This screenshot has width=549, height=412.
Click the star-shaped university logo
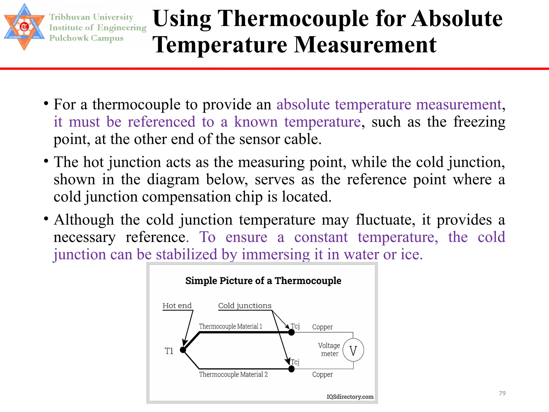[x=24, y=27]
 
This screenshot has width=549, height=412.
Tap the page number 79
[x=502, y=393]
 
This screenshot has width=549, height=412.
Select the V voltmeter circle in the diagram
[x=353, y=351]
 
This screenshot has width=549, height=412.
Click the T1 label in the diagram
[x=169, y=351]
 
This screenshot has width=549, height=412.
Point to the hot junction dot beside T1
[x=183, y=350]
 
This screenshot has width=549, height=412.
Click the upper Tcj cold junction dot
[x=291, y=332]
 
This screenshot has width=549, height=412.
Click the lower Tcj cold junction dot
[x=291, y=369]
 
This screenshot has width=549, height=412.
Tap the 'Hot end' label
[x=177, y=306]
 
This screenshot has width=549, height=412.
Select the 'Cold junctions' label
[x=245, y=306]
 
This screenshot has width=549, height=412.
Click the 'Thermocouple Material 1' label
[x=231, y=326]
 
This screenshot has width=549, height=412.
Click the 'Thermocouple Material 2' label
[x=233, y=374]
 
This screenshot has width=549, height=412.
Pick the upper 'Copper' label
[x=322, y=327]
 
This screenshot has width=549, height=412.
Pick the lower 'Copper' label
[x=322, y=374]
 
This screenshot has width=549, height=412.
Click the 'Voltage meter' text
[x=329, y=349]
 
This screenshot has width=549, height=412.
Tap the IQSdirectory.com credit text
[x=350, y=397]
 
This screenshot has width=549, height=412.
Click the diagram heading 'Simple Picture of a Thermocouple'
[x=263, y=281]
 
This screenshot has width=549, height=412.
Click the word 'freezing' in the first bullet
[x=479, y=122]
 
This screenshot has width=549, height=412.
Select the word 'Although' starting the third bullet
[x=84, y=220]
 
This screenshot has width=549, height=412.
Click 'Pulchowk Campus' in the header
[x=86, y=38]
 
